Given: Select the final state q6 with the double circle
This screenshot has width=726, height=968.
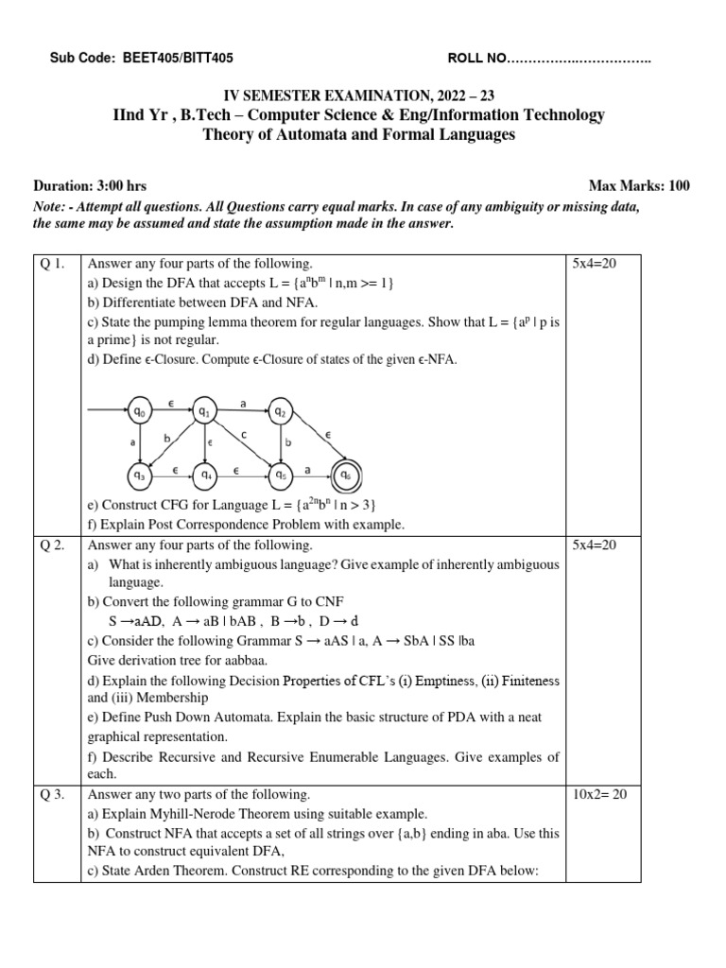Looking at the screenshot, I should click(x=345, y=474).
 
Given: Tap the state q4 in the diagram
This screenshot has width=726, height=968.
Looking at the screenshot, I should click(x=205, y=474).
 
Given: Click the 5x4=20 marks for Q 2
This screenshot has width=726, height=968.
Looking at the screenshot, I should click(x=595, y=545).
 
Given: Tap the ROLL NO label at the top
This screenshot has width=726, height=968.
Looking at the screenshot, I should click(x=477, y=60).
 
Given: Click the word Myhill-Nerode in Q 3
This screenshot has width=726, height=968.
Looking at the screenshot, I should click(x=193, y=814).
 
